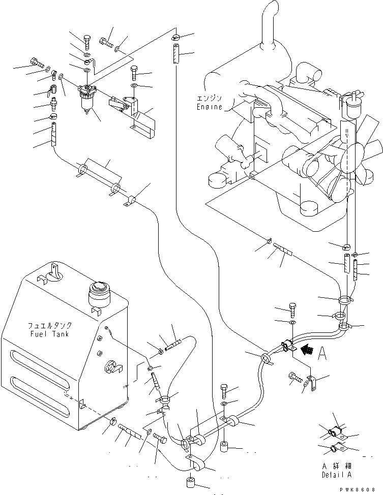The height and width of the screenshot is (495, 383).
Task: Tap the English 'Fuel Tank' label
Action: (49, 334)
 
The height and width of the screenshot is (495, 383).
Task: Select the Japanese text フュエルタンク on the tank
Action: (49, 325)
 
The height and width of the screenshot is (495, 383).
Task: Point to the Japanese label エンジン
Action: (209, 99)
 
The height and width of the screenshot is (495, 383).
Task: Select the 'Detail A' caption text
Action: (336, 475)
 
